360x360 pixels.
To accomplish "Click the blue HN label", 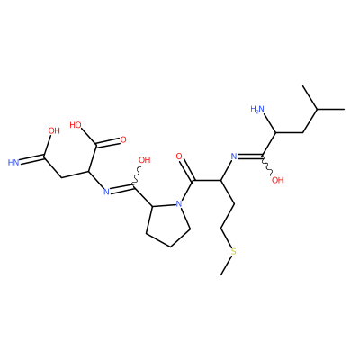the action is click(x=13, y=163).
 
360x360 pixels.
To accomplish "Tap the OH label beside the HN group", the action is click(x=54, y=130).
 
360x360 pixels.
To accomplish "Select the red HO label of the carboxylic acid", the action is click(x=76, y=125).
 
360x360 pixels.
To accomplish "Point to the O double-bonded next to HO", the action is click(x=122, y=139).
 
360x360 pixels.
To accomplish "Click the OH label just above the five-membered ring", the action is click(x=144, y=160).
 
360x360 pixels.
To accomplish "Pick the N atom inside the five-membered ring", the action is click(x=179, y=204).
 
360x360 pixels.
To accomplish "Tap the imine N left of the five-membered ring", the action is click(x=106, y=192).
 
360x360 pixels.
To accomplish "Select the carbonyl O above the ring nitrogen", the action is click(x=179, y=157).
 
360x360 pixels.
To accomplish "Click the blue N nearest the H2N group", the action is click(x=234, y=156).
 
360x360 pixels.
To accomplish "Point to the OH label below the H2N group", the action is click(x=277, y=180).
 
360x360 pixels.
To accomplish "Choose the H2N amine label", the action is click(x=257, y=109).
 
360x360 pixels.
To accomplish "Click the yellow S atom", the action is click(x=233, y=251).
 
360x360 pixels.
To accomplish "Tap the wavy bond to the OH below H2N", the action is click(x=267, y=165).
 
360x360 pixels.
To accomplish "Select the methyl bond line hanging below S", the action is click(x=226, y=265).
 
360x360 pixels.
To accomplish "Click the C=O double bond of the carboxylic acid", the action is click(x=107, y=143).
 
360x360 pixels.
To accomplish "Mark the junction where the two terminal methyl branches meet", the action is click(x=317, y=110).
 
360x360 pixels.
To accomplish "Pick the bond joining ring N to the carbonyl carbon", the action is click(x=186, y=191).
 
